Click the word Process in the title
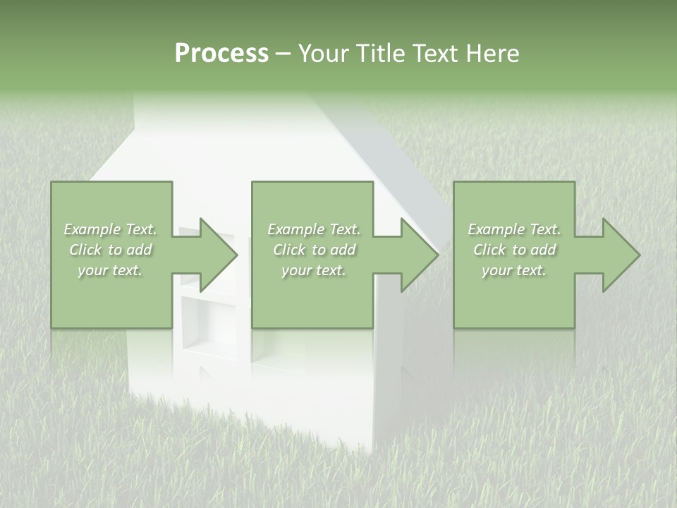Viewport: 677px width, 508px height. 221,54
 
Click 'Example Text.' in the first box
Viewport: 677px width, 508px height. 111,229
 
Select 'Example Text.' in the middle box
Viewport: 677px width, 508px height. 314,229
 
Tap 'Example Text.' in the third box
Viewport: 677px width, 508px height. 514,229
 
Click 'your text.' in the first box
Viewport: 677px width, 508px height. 110,270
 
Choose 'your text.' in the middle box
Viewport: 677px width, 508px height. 313,270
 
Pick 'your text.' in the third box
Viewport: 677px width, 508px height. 513,270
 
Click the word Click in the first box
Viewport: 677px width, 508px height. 86,250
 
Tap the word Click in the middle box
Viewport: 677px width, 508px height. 290,250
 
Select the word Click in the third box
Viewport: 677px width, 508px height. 490,250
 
